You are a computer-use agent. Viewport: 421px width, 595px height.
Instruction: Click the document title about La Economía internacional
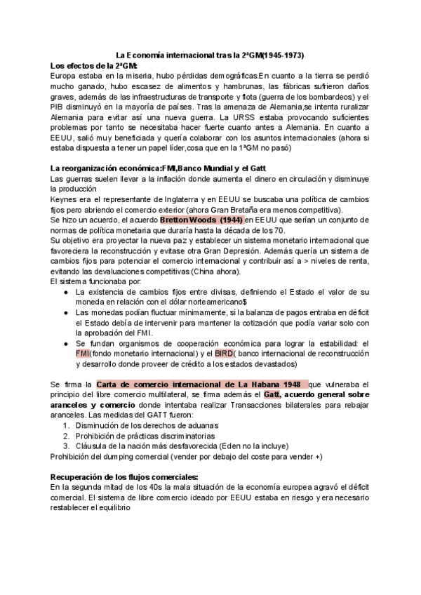click(210, 55)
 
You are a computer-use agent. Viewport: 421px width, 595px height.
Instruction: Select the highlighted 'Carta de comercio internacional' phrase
click(200, 385)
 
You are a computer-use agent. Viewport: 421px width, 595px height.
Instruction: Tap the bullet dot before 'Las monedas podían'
click(65, 312)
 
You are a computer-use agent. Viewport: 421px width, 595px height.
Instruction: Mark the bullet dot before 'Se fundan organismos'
click(65, 343)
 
